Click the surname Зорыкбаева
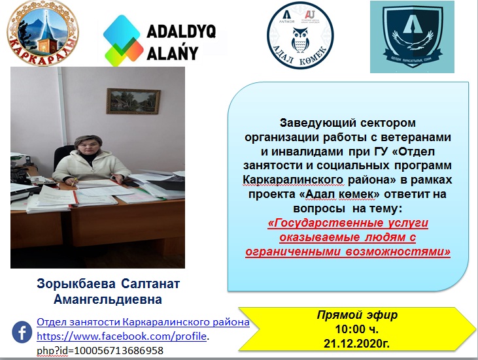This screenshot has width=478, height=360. (x=75, y=286)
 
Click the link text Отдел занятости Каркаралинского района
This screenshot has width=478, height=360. (x=143, y=322)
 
